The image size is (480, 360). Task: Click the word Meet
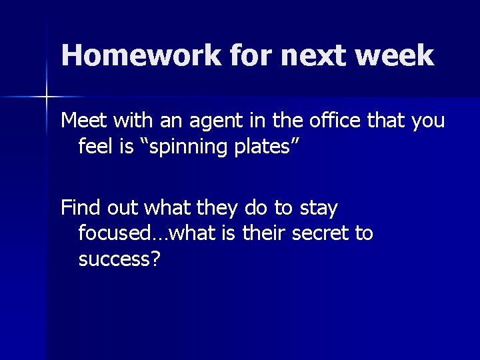click(x=85, y=121)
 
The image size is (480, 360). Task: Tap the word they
click(x=216, y=209)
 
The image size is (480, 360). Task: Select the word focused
click(x=112, y=233)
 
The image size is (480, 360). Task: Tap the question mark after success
click(x=155, y=258)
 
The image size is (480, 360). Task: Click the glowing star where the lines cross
click(x=47, y=97)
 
